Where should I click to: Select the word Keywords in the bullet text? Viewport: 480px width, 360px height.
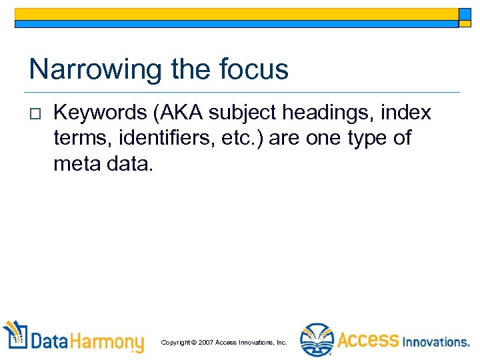tap(100, 113)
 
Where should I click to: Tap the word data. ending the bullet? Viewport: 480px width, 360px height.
tap(130, 163)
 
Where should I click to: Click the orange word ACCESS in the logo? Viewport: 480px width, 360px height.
tap(368, 340)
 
